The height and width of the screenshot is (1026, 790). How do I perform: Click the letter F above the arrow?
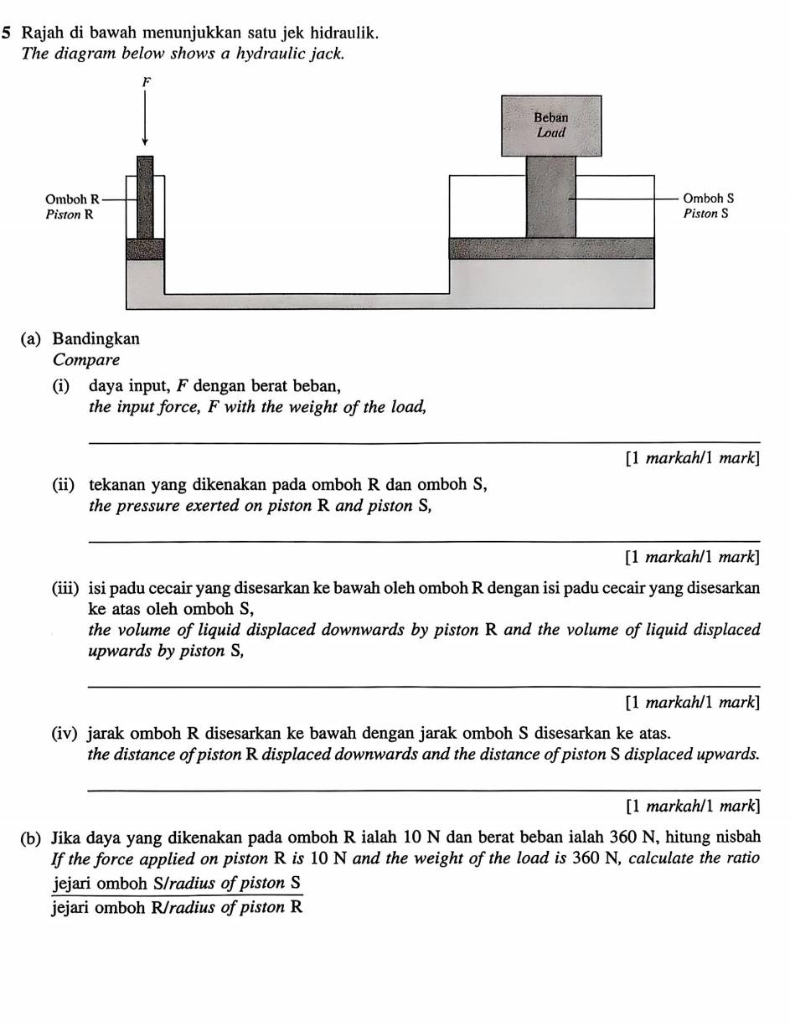tap(147, 82)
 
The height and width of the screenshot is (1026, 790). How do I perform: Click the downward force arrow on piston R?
tap(145, 117)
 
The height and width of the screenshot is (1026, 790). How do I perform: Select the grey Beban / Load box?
tap(551, 126)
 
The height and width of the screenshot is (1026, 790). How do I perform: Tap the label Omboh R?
tap(71, 199)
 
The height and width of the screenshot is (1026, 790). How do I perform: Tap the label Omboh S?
tap(708, 199)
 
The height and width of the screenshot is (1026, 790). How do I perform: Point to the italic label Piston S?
tap(705, 214)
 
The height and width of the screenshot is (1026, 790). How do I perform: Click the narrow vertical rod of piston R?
tap(145, 197)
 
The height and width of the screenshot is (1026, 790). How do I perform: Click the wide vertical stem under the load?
tap(551, 197)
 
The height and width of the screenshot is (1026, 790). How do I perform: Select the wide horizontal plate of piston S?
tap(551, 248)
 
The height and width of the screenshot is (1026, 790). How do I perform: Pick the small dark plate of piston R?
tap(145, 249)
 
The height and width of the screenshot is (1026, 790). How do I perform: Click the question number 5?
tap(7, 34)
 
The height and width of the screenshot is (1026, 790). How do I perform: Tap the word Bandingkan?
tap(96, 339)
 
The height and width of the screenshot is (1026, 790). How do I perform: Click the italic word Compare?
tap(86, 360)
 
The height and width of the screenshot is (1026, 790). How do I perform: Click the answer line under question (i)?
tap(423, 441)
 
